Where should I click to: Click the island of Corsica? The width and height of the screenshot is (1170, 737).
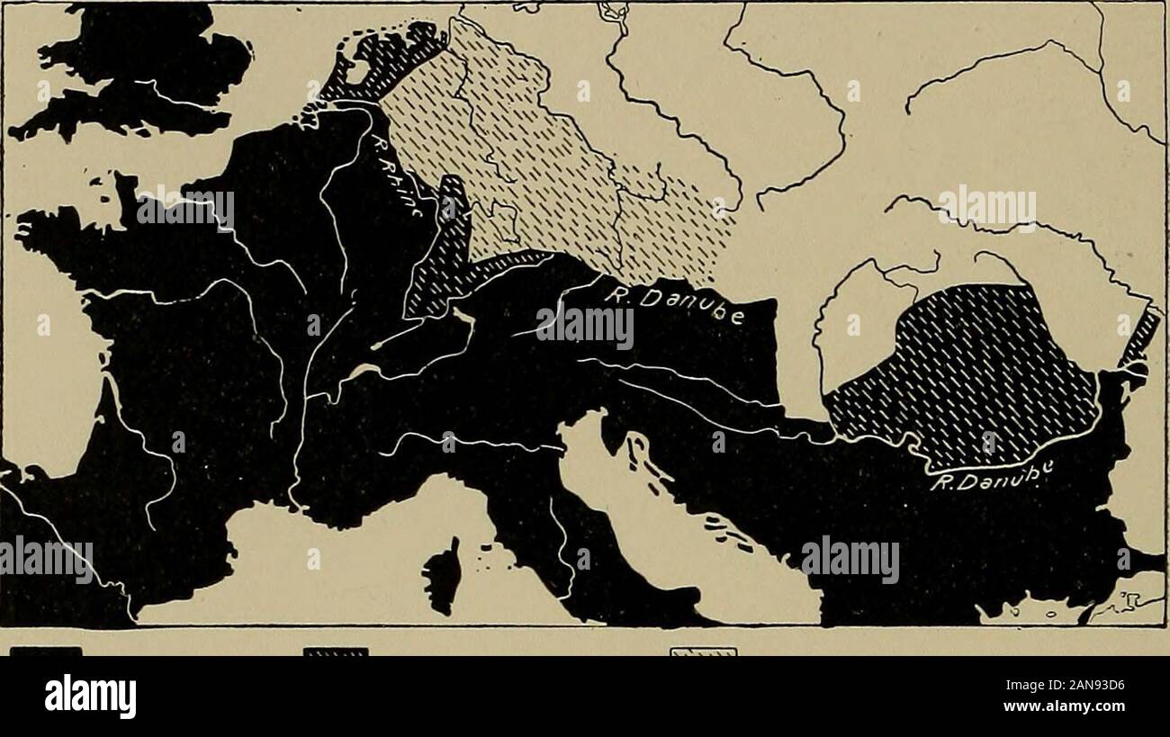444,575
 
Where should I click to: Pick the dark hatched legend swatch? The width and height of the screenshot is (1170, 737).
336,651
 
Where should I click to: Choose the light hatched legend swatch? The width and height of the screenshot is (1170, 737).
702,651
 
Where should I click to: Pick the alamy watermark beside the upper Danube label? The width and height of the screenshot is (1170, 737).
585,328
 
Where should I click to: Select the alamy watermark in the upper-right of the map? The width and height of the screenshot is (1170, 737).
986,208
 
